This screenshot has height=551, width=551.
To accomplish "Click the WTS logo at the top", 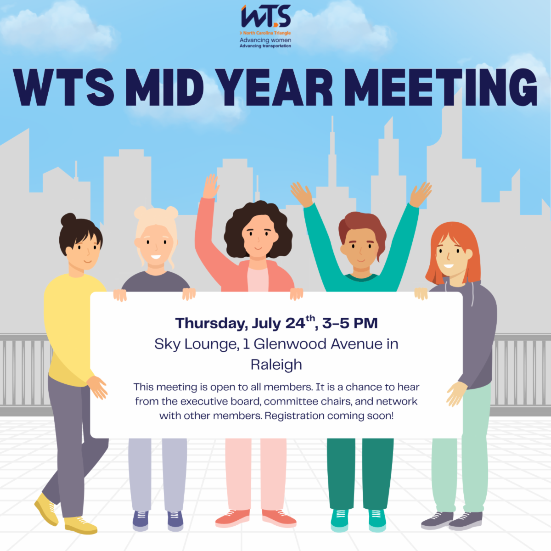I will coord(266,17).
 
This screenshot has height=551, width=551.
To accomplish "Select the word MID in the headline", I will coord(165,88).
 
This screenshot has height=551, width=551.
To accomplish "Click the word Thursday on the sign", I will coord(211,323).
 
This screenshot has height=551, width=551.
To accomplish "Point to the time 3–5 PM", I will coord(350,323).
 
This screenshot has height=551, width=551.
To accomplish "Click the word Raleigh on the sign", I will coord(276,365).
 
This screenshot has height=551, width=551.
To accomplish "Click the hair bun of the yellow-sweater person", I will coord(68,220).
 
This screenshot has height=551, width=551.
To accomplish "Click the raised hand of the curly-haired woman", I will coord(211,186).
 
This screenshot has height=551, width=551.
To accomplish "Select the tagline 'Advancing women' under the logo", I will coord(265,40).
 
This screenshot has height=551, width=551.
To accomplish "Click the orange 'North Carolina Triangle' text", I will coord(267,33).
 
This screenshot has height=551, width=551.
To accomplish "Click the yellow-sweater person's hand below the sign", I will coord(98,387).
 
